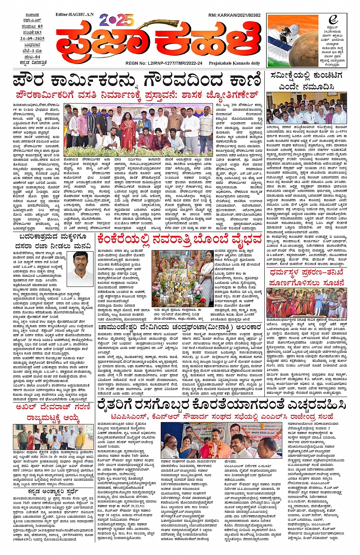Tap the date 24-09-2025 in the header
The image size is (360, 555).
(x=32, y=39)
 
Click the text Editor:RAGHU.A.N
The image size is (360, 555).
(x=74, y=14)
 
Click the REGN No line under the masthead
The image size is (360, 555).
(x=164, y=63)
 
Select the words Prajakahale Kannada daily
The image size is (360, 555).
(x=234, y=63)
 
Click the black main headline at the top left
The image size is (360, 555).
(x=137, y=81)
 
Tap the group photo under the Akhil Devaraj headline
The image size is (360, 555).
(x=53, y=437)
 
